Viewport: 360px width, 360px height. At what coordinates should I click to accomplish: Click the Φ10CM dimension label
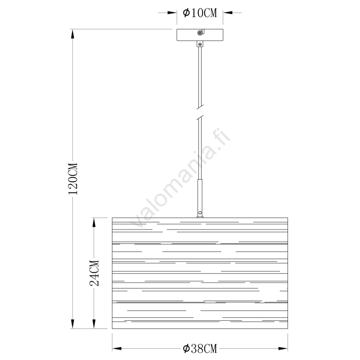200,13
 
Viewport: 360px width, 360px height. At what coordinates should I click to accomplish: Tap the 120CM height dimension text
73,179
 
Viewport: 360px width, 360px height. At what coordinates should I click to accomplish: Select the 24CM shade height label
94,273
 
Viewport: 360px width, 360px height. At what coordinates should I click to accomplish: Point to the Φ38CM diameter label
200,348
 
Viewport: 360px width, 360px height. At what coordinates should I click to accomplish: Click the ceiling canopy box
200,35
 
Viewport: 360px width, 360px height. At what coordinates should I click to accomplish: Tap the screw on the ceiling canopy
200,33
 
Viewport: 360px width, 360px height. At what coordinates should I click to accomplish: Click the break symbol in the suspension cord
200,112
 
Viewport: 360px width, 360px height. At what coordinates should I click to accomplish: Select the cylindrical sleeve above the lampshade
200,198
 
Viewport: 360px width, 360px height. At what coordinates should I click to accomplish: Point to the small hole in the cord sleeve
200,213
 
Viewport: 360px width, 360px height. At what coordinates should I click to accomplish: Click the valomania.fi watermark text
180,178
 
